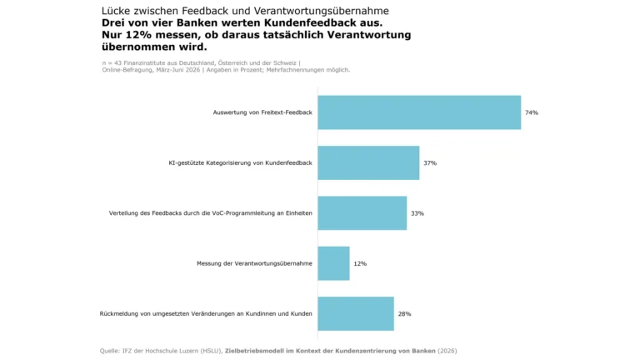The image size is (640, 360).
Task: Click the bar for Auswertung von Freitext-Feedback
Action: point(419,112)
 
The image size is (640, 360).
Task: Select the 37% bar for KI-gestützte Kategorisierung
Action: point(368,162)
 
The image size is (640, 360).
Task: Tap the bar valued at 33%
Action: point(362,213)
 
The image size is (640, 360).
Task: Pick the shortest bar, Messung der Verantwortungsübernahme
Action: point(334,263)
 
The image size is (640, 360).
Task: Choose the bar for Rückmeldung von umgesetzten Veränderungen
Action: point(356,313)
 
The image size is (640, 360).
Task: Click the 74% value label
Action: point(532,112)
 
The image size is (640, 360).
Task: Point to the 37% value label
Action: point(430,162)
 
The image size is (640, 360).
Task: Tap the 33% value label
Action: point(417,213)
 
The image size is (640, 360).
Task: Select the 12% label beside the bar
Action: point(360,263)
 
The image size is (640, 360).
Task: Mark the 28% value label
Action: point(404,314)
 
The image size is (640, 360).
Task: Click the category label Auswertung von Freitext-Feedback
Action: point(262,112)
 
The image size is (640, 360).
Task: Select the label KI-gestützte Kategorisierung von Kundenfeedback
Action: point(240,162)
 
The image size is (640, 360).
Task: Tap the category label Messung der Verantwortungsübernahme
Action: point(254,263)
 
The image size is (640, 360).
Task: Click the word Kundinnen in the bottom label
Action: point(261,313)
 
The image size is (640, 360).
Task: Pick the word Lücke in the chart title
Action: point(116,11)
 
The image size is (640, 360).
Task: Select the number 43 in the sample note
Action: point(118,62)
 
